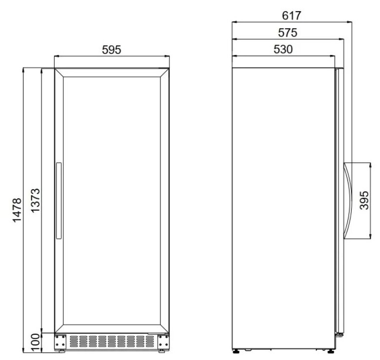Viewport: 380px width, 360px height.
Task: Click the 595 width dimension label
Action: tap(111, 50)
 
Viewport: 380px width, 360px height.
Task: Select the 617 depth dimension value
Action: tap(291, 16)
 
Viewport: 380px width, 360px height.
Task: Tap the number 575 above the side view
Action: tap(288, 33)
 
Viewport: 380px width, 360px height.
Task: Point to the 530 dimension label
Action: tap(283, 50)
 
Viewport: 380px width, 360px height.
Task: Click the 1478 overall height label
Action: tap(17, 210)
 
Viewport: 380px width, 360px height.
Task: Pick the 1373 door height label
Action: tap(36, 200)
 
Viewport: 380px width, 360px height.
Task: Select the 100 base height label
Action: tap(36, 342)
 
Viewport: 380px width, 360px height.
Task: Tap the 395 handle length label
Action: tap(364, 200)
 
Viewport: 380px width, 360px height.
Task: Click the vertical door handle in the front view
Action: tap(59, 201)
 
